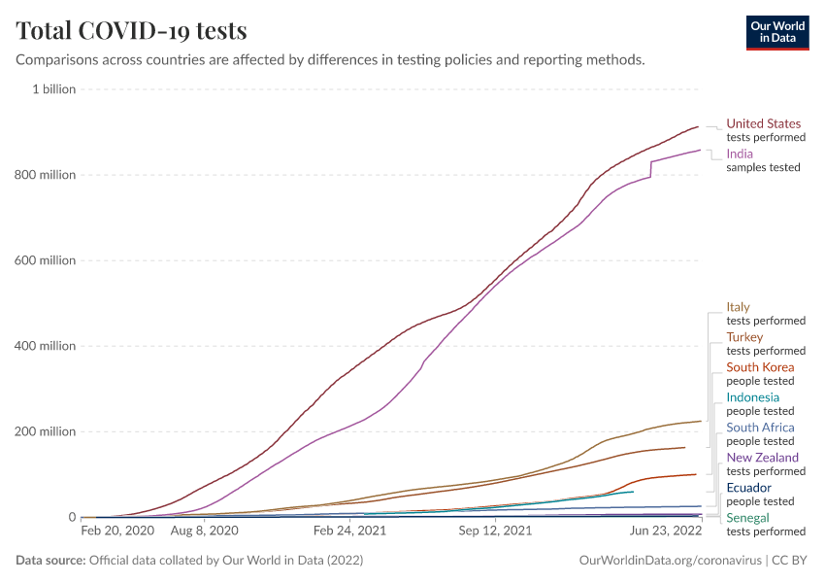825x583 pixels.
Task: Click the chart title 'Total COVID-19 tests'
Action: (131, 30)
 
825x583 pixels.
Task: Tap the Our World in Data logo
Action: (776, 32)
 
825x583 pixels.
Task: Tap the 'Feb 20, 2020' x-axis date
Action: (117, 532)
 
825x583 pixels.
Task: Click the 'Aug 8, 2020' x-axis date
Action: (204, 532)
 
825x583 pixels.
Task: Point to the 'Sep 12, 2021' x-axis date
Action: (496, 532)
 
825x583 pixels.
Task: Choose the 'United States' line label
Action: (764, 123)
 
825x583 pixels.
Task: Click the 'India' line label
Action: (740, 154)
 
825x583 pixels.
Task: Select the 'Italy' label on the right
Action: (738, 307)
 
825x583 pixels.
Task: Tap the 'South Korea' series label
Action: (760, 367)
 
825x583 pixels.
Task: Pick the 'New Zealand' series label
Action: (762, 458)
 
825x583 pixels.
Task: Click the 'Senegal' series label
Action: (747, 518)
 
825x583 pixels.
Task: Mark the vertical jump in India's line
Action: (650, 169)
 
